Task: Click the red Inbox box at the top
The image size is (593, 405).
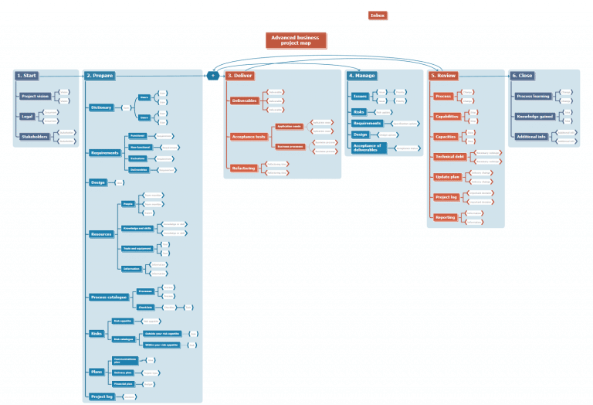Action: click(x=377, y=15)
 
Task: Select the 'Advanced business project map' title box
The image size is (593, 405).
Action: click(x=296, y=40)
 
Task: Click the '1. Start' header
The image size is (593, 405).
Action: click(x=27, y=76)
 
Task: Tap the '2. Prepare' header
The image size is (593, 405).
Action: click(x=100, y=76)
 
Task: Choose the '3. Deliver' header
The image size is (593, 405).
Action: click(x=240, y=76)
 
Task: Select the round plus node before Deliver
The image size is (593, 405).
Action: click(x=212, y=76)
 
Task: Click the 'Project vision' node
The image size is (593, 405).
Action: click(x=35, y=97)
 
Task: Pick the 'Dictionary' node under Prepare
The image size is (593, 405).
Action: click(x=101, y=107)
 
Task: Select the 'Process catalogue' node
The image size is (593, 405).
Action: click(x=108, y=297)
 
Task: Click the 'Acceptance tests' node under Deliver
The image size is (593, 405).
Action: click(x=248, y=137)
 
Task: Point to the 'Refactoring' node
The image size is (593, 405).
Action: click(x=244, y=168)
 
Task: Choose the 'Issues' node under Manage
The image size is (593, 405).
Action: click(x=360, y=97)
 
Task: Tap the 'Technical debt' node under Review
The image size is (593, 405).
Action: click(x=450, y=157)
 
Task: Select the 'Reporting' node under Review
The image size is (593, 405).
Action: click(x=445, y=218)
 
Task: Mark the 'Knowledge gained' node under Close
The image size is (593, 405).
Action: click(x=534, y=117)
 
